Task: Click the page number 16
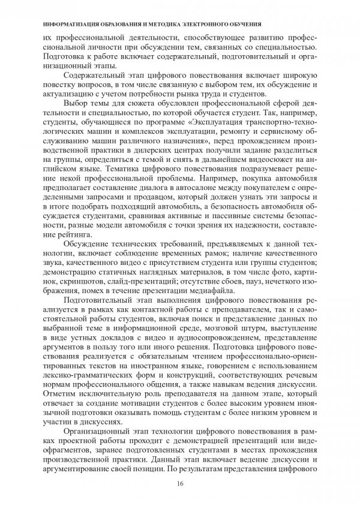pyautogui.click(x=180, y=484)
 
